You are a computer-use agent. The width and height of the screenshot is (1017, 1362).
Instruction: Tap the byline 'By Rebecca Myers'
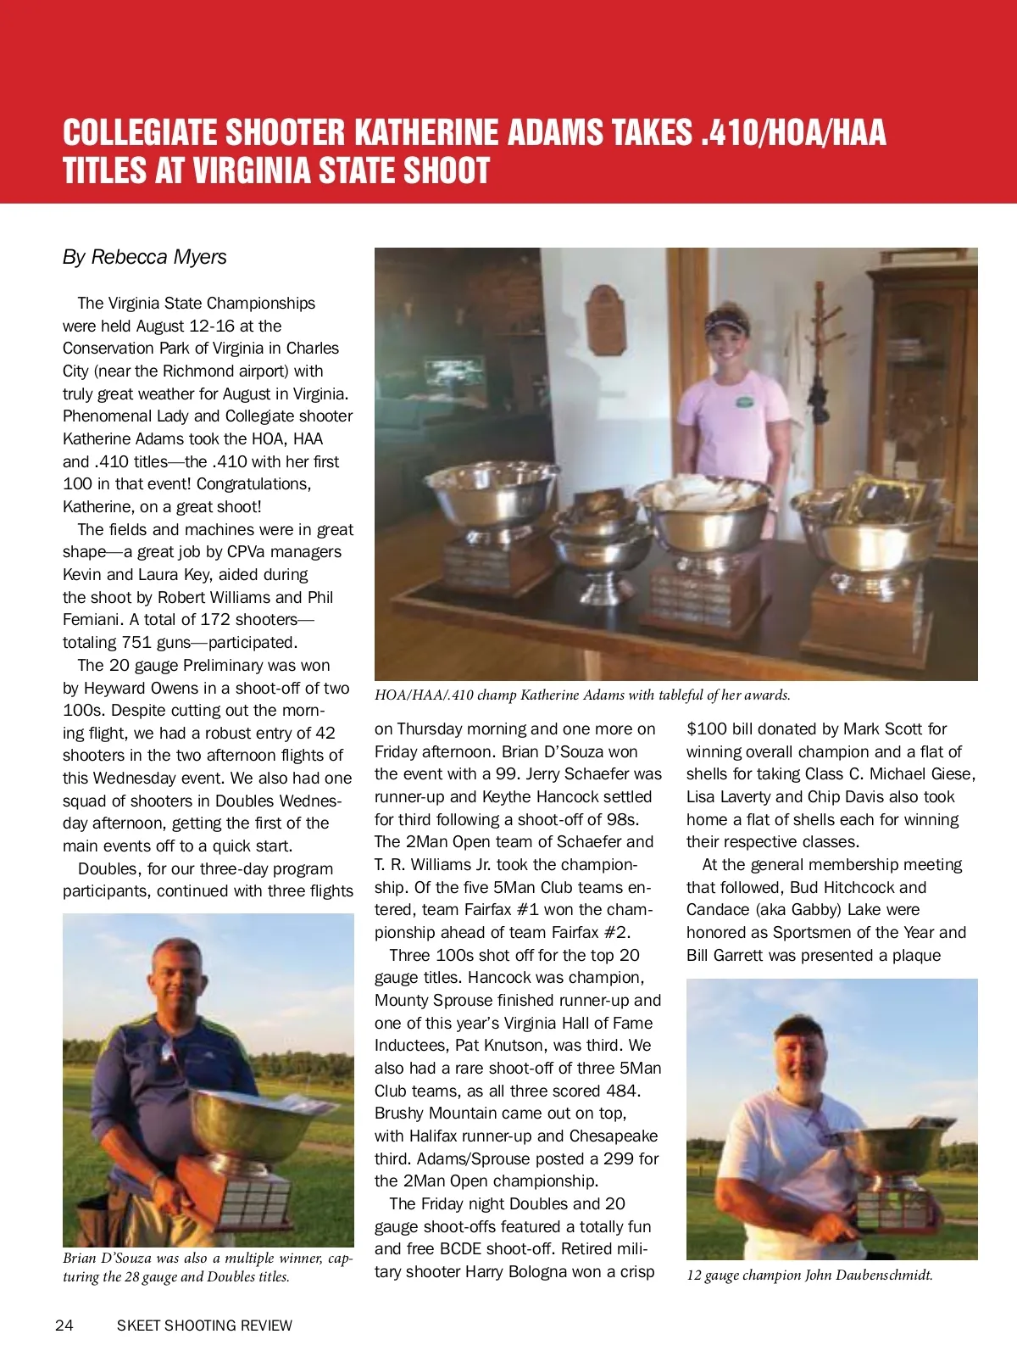point(145,257)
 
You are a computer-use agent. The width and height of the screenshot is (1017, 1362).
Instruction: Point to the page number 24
point(64,1326)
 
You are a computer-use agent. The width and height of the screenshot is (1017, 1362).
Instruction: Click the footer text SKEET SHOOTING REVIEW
point(204,1326)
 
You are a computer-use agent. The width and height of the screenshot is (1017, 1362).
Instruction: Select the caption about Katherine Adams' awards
point(582,695)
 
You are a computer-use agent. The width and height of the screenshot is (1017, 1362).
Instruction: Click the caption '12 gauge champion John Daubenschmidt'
point(809,1275)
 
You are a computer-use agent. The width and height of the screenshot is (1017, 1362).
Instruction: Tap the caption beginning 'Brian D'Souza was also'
point(208,1267)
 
